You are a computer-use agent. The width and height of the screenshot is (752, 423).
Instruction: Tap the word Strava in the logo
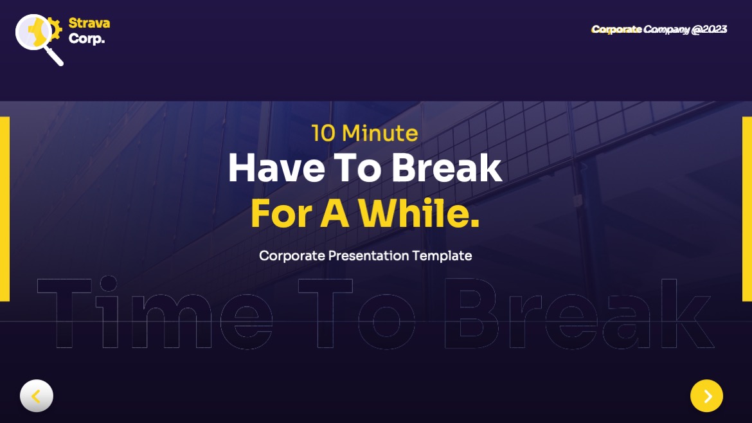coord(89,23)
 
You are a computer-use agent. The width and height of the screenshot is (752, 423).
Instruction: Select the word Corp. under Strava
coord(86,39)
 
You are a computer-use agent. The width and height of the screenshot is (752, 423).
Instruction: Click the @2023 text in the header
coord(709,30)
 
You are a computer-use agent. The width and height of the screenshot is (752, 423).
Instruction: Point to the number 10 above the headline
coord(323,133)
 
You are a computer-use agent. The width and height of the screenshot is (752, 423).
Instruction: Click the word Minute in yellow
coord(380,133)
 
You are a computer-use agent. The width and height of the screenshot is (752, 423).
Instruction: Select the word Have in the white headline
coord(268,168)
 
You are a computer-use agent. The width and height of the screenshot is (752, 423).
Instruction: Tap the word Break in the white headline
coord(446,168)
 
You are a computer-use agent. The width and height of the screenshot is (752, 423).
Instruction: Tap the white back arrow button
coord(37,396)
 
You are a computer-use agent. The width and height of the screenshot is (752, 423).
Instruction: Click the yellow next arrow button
coord(706,396)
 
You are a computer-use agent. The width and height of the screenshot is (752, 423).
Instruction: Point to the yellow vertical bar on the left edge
coord(4,209)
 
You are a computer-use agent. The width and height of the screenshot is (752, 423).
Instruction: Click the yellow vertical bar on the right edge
coord(747,209)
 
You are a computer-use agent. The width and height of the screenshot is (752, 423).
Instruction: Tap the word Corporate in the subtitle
coord(292,256)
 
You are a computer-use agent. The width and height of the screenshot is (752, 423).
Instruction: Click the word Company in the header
coord(667,30)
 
